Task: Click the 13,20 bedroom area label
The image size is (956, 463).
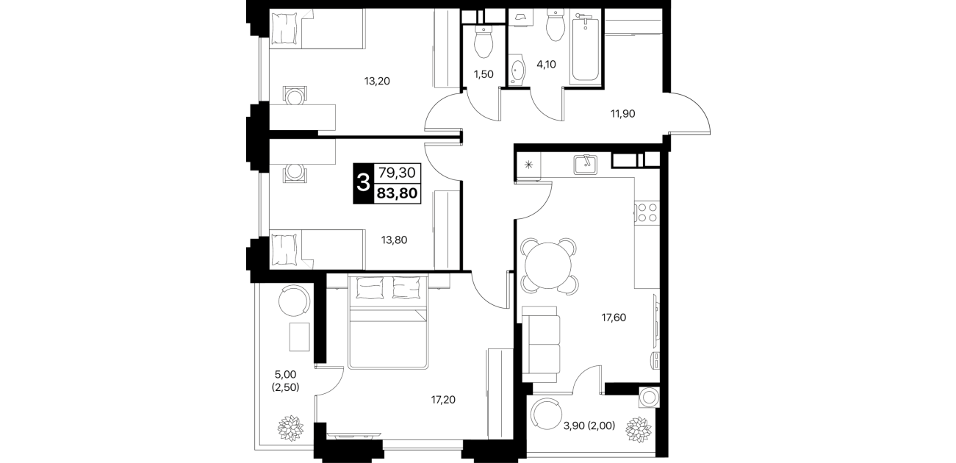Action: pos(377,81)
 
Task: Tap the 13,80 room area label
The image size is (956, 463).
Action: pos(394,240)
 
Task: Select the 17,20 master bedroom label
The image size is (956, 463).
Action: pos(443,400)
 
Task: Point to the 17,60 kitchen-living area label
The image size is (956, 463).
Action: pos(614,317)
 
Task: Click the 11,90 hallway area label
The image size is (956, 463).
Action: pos(622,113)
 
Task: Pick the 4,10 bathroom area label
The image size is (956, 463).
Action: pos(546,65)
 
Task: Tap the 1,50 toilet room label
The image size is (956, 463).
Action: pos(484,74)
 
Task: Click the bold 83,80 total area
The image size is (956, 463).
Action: pos(397,193)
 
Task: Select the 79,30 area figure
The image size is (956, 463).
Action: pos(397,173)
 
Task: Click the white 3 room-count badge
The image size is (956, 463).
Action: pos(363,184)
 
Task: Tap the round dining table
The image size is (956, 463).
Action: pos(548,265)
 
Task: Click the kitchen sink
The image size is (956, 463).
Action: pos(586,165)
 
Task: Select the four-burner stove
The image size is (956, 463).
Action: pos(647,212)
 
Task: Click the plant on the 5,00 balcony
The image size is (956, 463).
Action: pos(291,428)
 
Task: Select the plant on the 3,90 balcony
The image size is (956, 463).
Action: pos(639,430)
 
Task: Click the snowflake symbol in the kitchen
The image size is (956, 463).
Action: pos(528,165)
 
